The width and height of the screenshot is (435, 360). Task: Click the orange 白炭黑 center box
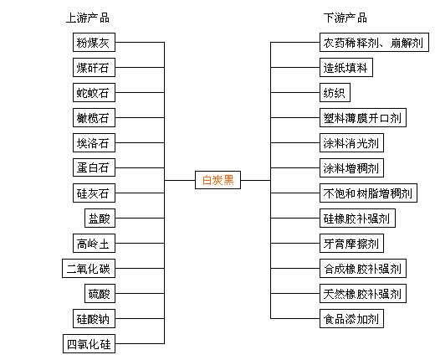point(217,180)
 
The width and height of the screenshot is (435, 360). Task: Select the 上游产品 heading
point(88,18)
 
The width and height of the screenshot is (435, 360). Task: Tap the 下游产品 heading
point(345,18)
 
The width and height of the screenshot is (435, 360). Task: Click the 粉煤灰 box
point(94,42)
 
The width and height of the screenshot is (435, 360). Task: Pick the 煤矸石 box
point(94,67)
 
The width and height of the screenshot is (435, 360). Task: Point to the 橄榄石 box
point(94,117)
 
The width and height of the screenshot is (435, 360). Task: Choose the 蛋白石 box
point(94,167)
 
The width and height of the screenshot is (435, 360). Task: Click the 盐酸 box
point(100,218)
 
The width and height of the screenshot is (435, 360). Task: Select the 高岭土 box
point(94,243)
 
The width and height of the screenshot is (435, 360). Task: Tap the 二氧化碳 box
point(89,268)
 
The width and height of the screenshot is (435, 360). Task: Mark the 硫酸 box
point(100,293)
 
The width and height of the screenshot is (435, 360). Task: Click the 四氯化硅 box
point(89,343)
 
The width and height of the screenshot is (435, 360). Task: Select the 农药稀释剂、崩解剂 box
point(374,42)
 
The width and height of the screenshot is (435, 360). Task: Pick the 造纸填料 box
point(346,67)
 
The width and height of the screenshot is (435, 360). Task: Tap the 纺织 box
point(335,92)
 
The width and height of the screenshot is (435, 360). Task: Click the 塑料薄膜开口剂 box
point(363,117)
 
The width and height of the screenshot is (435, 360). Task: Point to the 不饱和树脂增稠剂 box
point(368,193)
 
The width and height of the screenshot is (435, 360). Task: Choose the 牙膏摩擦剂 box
point(351,243)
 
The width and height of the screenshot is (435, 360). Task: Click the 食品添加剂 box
point(351,318)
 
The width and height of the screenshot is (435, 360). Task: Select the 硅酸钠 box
point(94,318)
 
